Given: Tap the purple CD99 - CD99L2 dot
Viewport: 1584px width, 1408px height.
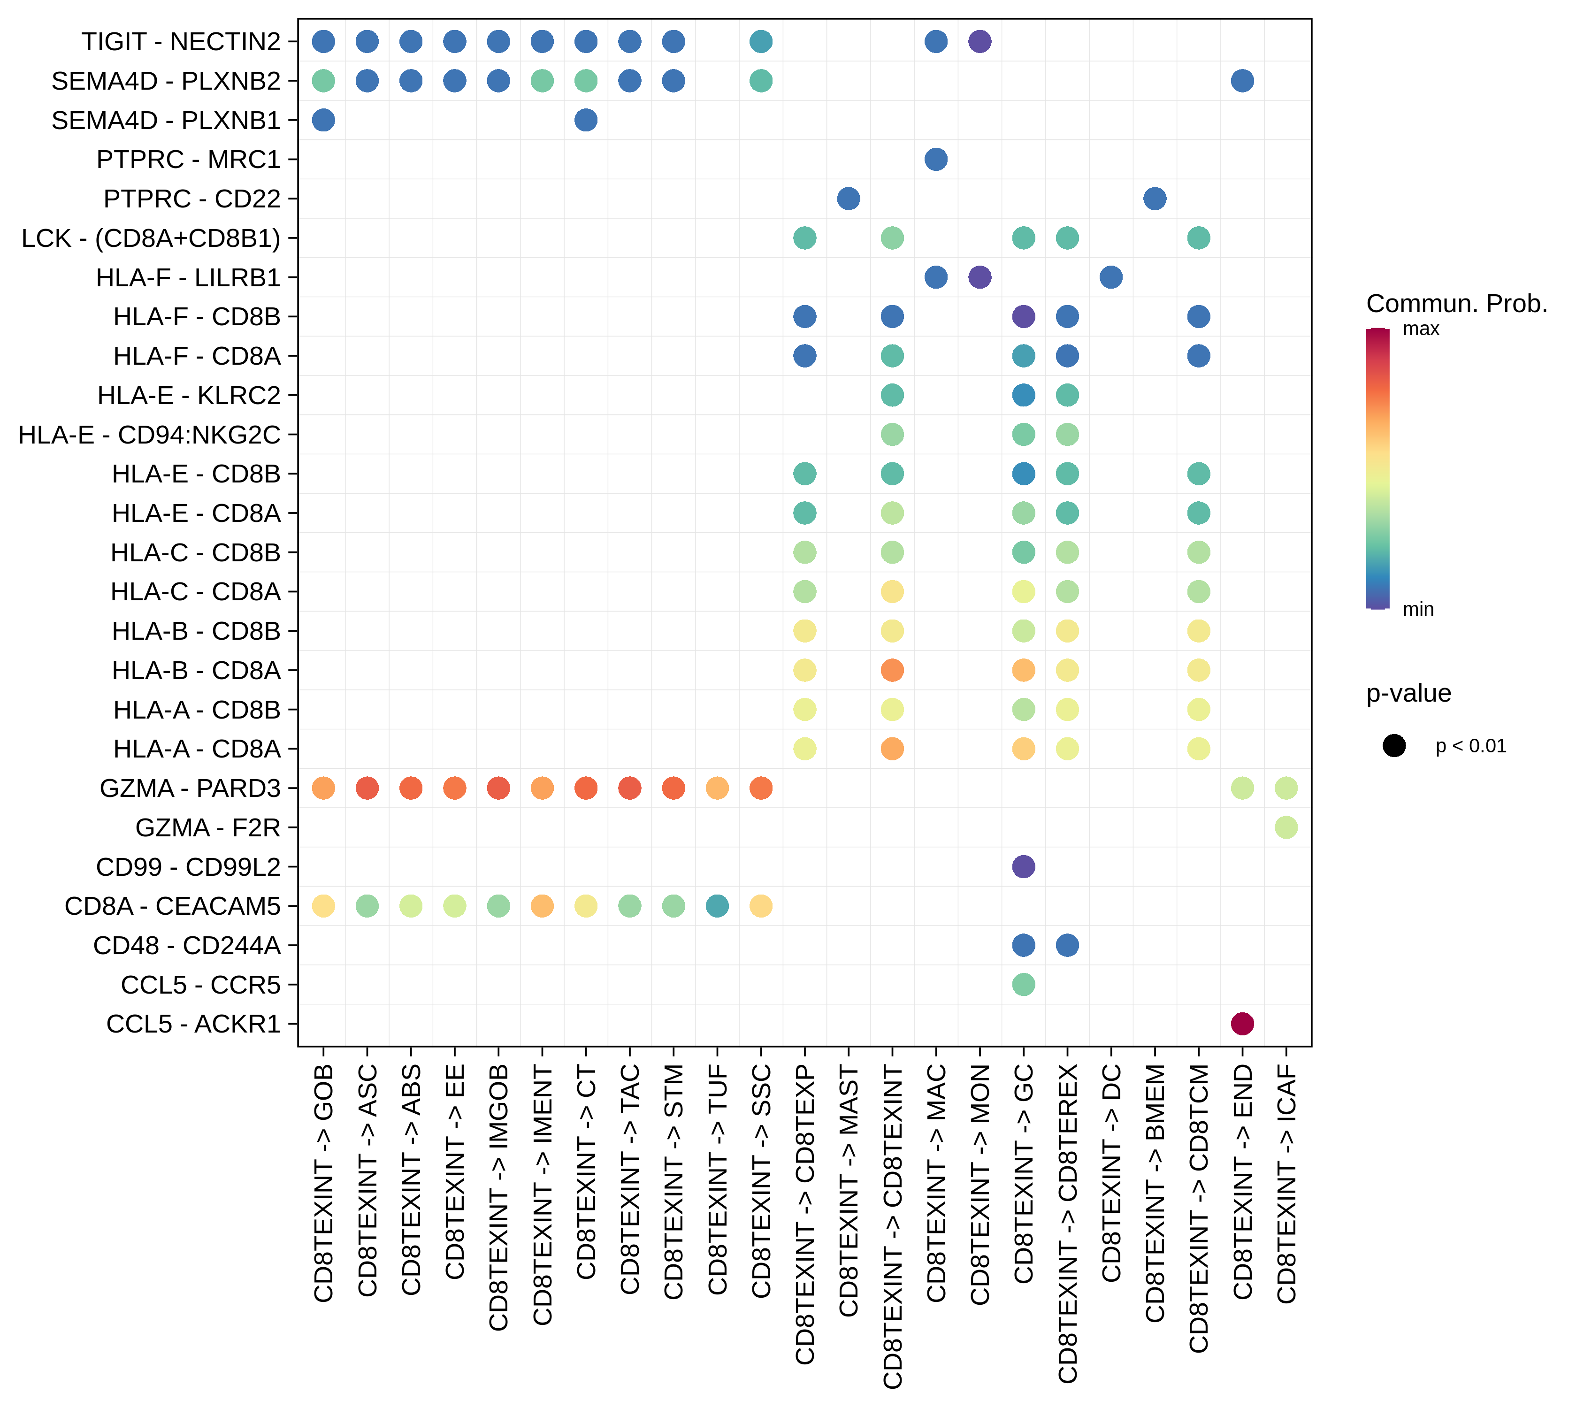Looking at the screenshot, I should pos(1023,866).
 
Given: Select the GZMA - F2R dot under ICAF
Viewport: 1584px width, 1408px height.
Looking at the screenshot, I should pos(1286,827).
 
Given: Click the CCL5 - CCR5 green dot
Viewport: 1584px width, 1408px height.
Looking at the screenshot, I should pos(1023,984).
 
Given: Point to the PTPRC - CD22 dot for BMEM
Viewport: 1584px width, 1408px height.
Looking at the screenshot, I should pos(1155,199).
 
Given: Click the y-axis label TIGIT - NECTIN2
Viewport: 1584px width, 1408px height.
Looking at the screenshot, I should pos(181,42).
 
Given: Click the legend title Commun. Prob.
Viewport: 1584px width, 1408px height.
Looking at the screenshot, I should pos(1456,304).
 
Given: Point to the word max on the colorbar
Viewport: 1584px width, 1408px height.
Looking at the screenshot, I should pos(1421,329).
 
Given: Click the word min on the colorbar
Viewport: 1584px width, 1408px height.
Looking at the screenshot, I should pos(1418,609).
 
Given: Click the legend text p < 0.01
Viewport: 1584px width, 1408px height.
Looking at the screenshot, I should pos(1470,746).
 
